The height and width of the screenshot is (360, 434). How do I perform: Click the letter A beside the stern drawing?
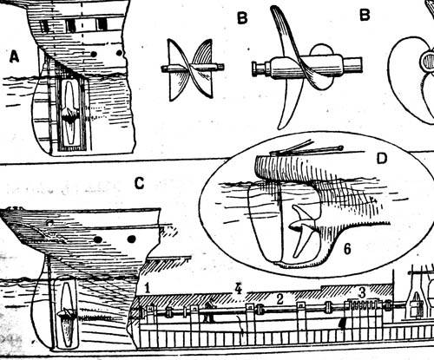coord(14,56)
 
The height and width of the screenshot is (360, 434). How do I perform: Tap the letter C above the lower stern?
coord(140,183)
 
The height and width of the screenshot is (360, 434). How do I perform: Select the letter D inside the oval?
coord(382,158)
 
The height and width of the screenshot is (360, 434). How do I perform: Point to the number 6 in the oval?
coord(347,249)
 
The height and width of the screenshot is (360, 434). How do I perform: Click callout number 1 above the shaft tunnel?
coord(148,288)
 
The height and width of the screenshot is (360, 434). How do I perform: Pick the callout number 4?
coord(238,288)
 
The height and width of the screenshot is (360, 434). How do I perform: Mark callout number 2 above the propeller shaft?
coord(279,299)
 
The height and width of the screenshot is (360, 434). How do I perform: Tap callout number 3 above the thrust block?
coord(362,292)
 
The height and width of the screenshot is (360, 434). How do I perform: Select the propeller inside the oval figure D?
coord(302,230)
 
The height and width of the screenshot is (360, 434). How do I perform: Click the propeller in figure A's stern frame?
coord(69,113)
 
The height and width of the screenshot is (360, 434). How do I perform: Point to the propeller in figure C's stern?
coord(67,314)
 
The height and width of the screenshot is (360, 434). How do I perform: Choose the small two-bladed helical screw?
coord(191,69)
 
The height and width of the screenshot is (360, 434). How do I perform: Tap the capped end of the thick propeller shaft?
coord(255,69)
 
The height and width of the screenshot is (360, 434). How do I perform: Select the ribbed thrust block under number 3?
coord(364,314)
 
